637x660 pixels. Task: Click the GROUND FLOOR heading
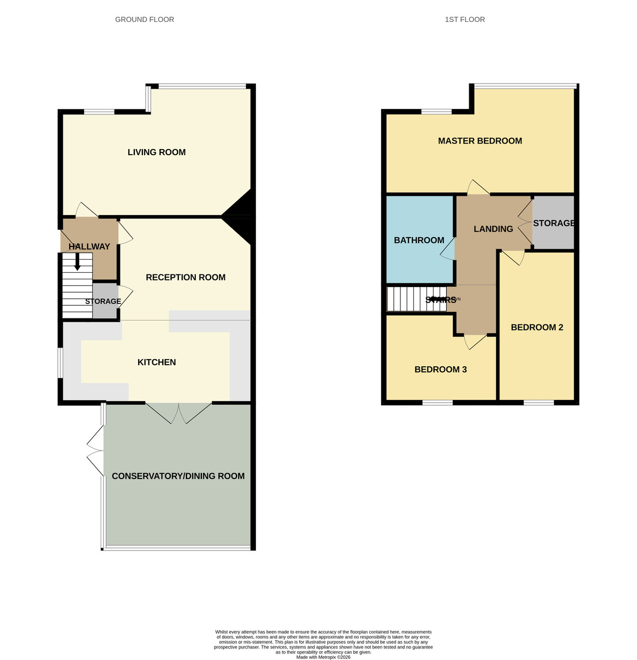tap(144, 19)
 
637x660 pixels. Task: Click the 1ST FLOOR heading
tap(465, 19)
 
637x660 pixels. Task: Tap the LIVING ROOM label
tap(156, 152)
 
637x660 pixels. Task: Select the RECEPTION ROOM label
tap(185, 277)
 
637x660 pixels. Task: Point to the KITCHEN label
tap(156, 362)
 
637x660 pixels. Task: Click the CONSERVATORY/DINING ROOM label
tap(178, 476)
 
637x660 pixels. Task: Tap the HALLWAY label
tap(89, 246)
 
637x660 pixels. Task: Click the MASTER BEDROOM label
tap(480, 141)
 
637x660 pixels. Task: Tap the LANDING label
tap(493, 229)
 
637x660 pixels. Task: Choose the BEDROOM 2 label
tap(537, 327)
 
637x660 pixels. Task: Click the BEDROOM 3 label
tap(440, 369)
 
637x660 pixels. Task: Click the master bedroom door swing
tap(478, 188)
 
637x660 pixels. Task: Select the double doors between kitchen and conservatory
tap(179, 413)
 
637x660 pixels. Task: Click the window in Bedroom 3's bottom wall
tap(437, 403)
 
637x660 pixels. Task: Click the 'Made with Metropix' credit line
tap(323, 657)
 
